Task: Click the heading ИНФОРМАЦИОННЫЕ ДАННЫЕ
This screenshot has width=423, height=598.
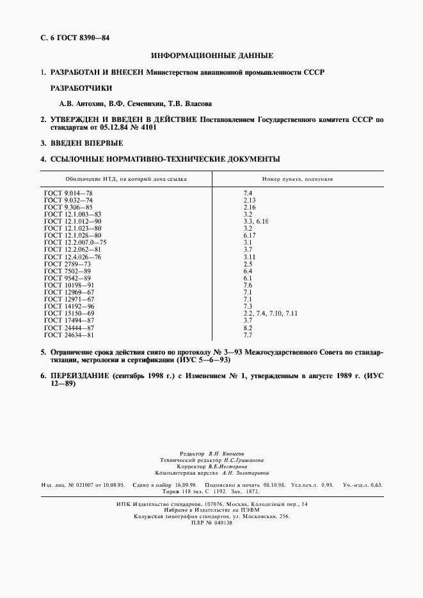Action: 211,56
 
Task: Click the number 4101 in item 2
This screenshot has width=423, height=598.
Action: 148,127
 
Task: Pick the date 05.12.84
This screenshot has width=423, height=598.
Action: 108,127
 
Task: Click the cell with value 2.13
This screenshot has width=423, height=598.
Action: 250,200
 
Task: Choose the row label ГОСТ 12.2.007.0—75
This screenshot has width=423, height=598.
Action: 76,243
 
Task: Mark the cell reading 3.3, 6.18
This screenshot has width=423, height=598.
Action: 256,221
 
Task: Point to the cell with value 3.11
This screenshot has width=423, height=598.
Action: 250,257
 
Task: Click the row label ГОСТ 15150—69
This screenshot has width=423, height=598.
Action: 69,314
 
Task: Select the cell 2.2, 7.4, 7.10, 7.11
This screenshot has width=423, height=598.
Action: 271,314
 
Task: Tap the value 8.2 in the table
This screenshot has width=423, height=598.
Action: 248,328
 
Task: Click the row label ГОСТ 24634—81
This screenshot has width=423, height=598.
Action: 69,335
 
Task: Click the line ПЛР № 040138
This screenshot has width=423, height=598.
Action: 211,523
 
